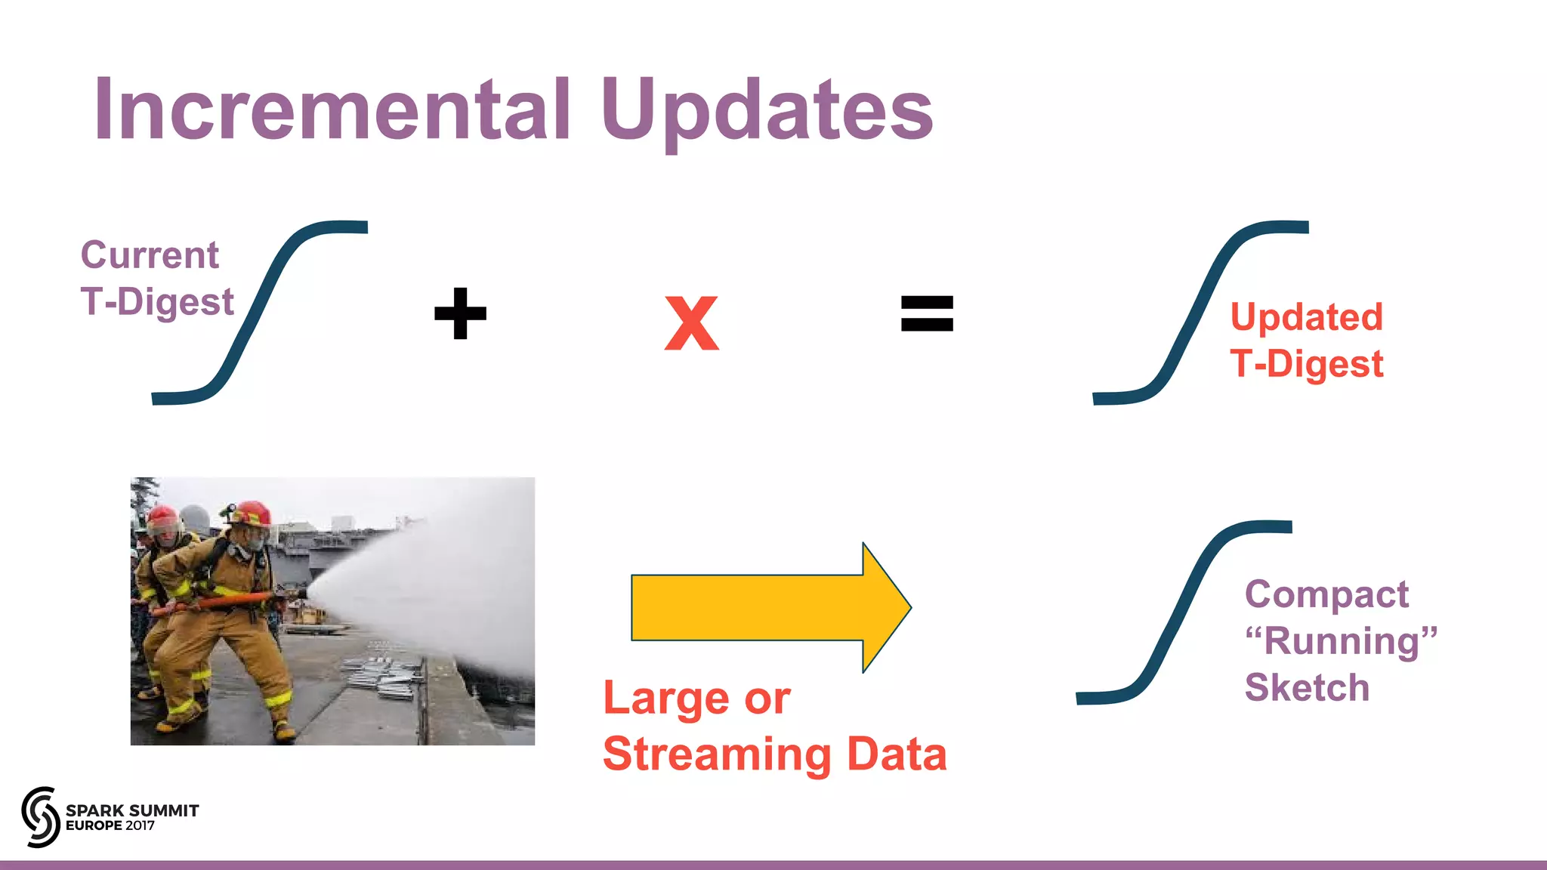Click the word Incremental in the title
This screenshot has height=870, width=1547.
pos(332,111)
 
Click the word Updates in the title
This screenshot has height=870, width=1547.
pos(767,111)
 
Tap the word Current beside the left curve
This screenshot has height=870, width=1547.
pos(150,255)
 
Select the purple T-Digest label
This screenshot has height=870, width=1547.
pos(157,302)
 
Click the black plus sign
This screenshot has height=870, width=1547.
pos(460,313)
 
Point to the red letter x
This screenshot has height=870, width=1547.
pos(691,323)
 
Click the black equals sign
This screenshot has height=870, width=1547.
pos(927,313)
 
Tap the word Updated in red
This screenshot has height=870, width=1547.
pos(1307,317)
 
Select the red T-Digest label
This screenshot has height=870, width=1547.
pos(1307,364)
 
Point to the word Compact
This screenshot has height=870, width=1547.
pos(1326,594)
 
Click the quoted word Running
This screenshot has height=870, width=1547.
pos(1341,641)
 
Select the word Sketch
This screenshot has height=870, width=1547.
pos(1307,687)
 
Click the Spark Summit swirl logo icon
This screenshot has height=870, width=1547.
pos(41,816)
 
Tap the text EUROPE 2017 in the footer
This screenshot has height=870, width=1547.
pos(110,826)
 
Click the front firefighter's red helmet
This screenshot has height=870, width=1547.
pos(251,514)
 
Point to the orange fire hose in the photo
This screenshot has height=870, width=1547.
pos(227,601)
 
